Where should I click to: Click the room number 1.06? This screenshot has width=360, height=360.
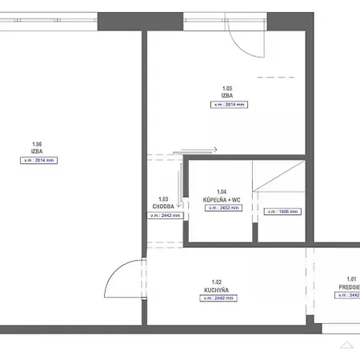(x=37, y=144)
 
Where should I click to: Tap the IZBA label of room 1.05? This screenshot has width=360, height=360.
(x=227, y=95)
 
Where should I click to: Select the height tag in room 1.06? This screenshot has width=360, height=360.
(x=38, y=160)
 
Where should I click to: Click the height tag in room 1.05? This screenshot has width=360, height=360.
(x=227, y=105)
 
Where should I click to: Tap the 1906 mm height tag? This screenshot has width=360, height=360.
(x=282, y=212)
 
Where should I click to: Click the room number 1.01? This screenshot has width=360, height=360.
(x=352, y=278)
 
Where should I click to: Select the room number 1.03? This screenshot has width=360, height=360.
(x=163, y=199)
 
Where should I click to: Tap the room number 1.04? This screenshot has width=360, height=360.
(x=222, y=191)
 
